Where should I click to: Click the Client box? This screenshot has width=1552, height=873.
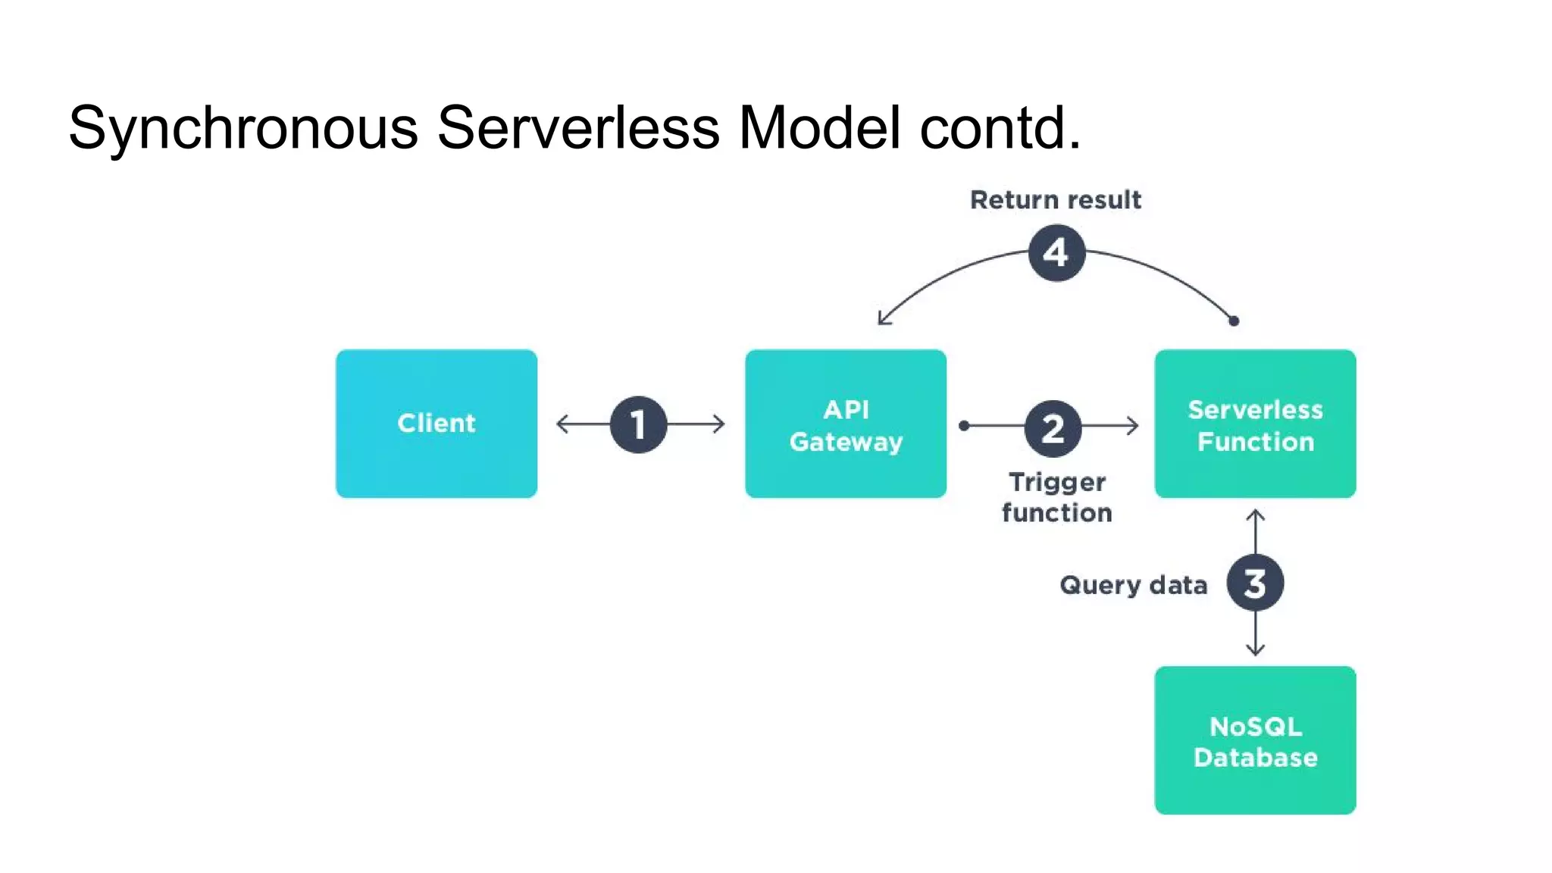(436, 423)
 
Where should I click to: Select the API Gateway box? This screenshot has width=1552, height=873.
(845, 423)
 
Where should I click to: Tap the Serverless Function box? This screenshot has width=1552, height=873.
(1255, 423)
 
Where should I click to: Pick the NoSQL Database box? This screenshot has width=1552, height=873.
(1255, 740)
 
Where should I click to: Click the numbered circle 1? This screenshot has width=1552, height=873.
(638, 424)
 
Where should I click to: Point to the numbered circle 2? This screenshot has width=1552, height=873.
(1053, 428)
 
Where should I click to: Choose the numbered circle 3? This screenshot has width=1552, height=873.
(1255, 583)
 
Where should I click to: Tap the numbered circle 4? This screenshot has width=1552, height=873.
(1056, 252)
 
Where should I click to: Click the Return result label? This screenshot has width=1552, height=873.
(1055, 200)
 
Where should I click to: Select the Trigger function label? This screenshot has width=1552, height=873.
(1056, 497)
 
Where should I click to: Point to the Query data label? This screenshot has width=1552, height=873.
(1133, 585)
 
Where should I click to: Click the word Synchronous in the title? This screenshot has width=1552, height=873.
(242, 127)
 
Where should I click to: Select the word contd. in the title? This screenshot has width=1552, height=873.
(1000, 127)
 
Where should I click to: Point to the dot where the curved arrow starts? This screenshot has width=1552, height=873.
(1234, 321)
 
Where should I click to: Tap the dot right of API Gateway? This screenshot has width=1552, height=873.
(964, 426)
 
